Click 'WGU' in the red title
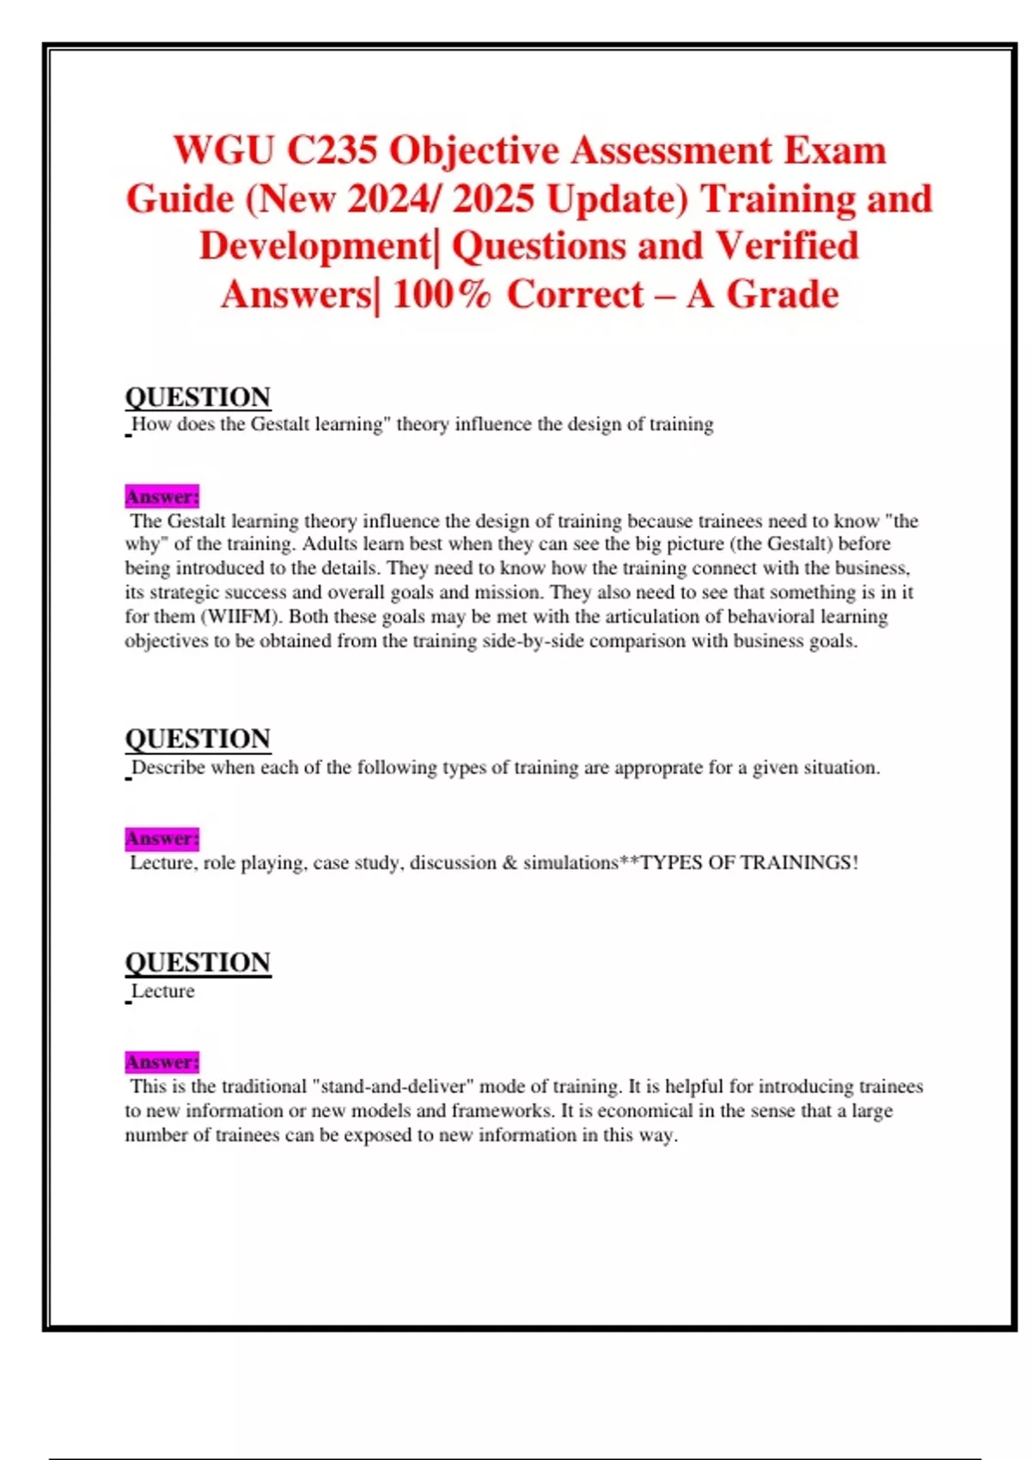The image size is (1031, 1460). [x=224, y=150]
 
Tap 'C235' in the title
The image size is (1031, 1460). [x=332, y=150]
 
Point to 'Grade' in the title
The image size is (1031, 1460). [x=783, y=295]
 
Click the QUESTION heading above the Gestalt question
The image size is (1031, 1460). [x=198, y=397]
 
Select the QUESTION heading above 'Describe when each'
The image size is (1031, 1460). [x=198, y=739]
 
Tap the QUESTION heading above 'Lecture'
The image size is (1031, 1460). [x=198, y=962]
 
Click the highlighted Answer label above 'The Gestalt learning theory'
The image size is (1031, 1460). [x=162, y=496]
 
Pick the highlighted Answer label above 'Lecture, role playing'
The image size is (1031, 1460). [x=162, y=838]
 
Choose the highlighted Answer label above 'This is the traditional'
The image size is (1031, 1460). [x=162, y=1062]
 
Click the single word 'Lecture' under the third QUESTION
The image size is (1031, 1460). [x=162, y=991]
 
